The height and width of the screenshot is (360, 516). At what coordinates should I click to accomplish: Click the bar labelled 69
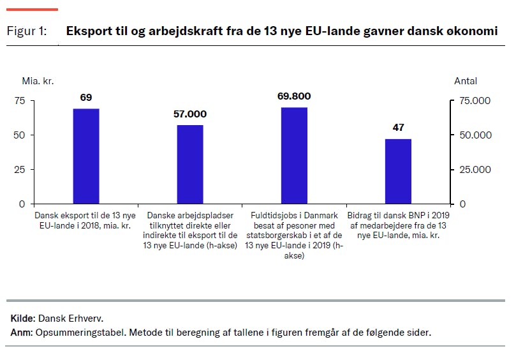coord(86,156)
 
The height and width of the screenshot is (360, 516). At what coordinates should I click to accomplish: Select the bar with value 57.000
coord(190,165)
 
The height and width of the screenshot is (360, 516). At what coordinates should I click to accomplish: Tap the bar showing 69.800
coord(294,156)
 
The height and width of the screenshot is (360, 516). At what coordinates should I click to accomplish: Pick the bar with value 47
coord(398,171)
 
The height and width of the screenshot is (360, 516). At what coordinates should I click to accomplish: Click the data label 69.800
coord(294,96)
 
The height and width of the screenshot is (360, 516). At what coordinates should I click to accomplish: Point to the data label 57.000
coord(190,114)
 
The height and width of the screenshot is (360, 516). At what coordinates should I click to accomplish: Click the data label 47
coord(398,128)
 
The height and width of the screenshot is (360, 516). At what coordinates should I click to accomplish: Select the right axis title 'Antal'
coord(465,81)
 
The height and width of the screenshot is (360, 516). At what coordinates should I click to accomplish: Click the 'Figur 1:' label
coord(27,31)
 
